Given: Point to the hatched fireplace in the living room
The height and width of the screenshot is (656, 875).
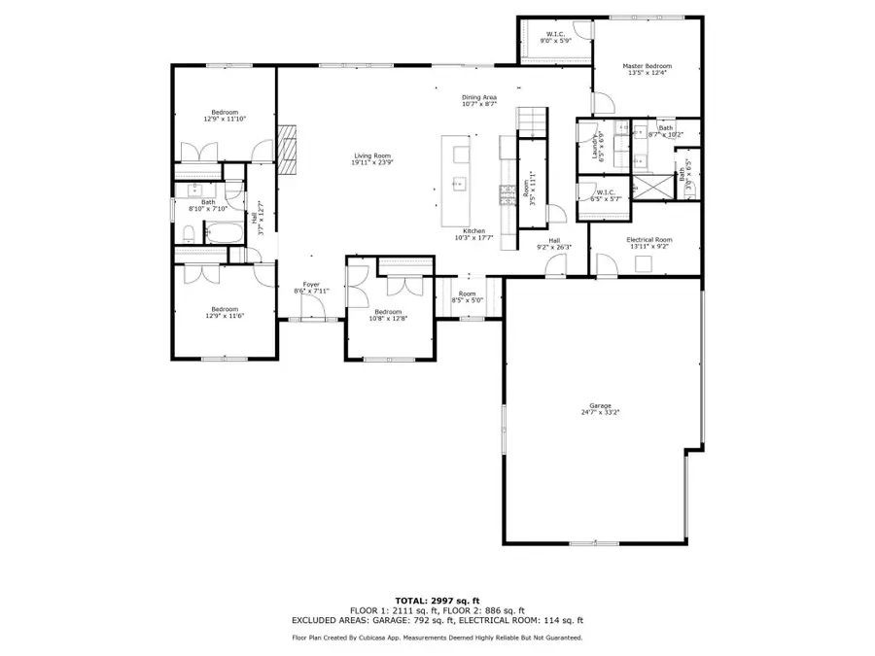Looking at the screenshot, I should tap(288, 150).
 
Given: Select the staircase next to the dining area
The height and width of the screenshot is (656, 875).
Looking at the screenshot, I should tap(532, 119).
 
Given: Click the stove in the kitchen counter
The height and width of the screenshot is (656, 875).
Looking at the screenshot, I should tap(506, 194).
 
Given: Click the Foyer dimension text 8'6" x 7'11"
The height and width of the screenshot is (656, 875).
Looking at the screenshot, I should tap(311, 291).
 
